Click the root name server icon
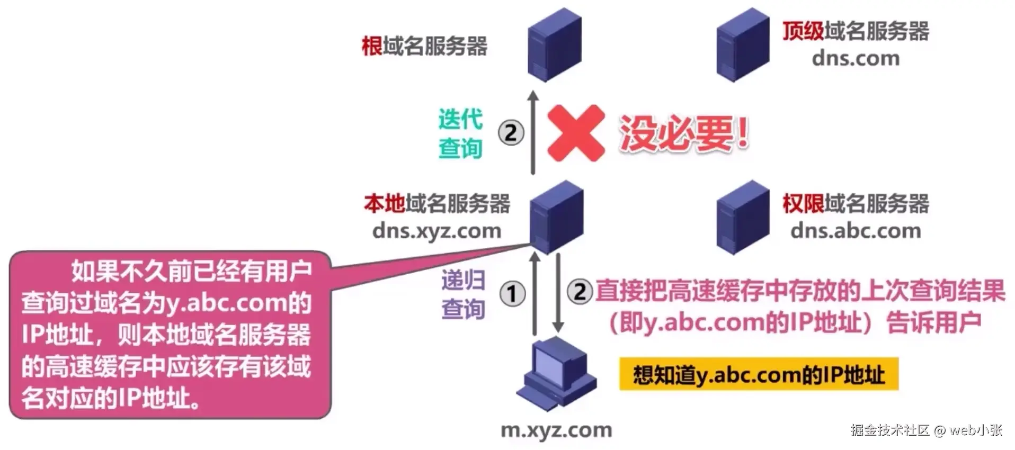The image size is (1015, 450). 555,44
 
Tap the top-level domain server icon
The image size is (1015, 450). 742,44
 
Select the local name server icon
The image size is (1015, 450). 556,217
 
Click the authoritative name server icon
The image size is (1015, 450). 742,217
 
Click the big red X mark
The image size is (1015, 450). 576,133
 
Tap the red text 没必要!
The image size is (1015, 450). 684,133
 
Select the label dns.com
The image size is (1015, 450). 855,58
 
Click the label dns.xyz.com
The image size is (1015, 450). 437,231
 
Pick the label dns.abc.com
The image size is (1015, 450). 855,231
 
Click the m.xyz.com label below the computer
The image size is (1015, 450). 556,430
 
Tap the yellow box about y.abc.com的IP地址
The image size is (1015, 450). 759,375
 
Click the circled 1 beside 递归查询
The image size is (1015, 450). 512,294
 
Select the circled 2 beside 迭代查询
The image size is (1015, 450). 511,133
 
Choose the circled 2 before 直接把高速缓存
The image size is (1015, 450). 580,292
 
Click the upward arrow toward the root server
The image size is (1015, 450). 533,133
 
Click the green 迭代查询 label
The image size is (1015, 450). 460,133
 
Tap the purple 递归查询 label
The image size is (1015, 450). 463,294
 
